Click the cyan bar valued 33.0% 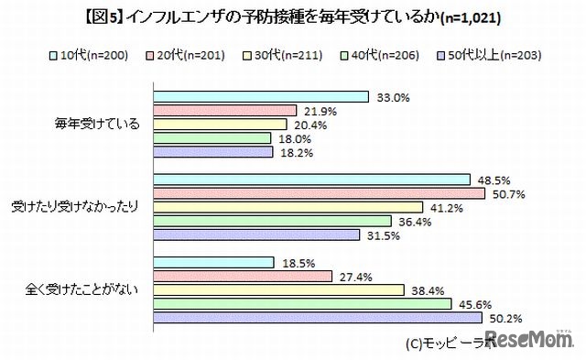[260, 96]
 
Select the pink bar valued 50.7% [318, 193]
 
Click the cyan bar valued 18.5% [213, 263]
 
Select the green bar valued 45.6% [301, 304]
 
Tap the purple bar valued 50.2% [317, 318]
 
